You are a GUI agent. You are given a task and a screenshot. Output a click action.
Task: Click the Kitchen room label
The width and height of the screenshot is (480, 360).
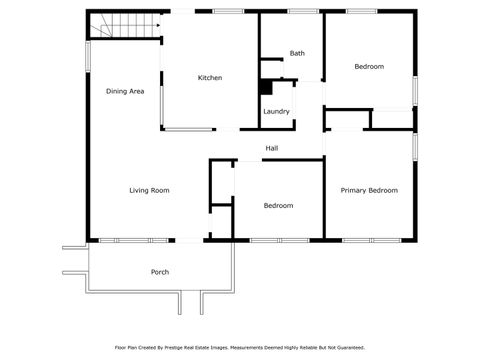point(209,78)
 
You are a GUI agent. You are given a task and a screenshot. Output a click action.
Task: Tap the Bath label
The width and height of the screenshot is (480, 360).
point(297,53)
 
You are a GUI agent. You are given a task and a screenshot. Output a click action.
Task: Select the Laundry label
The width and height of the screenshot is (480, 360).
point(276,111)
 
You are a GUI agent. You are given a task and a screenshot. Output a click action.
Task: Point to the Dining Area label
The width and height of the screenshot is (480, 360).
point(126,91)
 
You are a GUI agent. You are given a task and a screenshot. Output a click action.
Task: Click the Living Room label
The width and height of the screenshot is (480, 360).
point(148,190)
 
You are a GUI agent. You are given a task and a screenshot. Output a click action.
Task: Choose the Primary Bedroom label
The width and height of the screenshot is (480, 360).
point(369,190)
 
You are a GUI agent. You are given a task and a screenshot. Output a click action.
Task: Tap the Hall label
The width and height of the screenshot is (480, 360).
point(271,149)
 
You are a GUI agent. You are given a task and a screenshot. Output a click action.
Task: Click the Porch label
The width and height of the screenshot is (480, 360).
point(159,272)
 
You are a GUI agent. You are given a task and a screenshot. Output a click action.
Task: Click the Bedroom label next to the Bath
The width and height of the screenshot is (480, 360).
point(369,67)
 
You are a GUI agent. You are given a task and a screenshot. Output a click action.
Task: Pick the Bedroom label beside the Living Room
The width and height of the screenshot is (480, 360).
point(278,205)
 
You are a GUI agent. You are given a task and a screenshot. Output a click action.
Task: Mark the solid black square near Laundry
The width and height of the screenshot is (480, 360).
point(266,87)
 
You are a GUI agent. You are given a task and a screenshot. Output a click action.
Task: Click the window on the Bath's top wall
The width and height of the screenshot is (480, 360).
point(298,11)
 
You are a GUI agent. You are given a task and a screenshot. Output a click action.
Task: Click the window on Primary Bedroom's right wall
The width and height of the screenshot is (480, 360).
point(415,145)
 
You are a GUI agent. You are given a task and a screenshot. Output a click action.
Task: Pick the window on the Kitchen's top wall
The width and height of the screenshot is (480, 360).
point(228,11)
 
